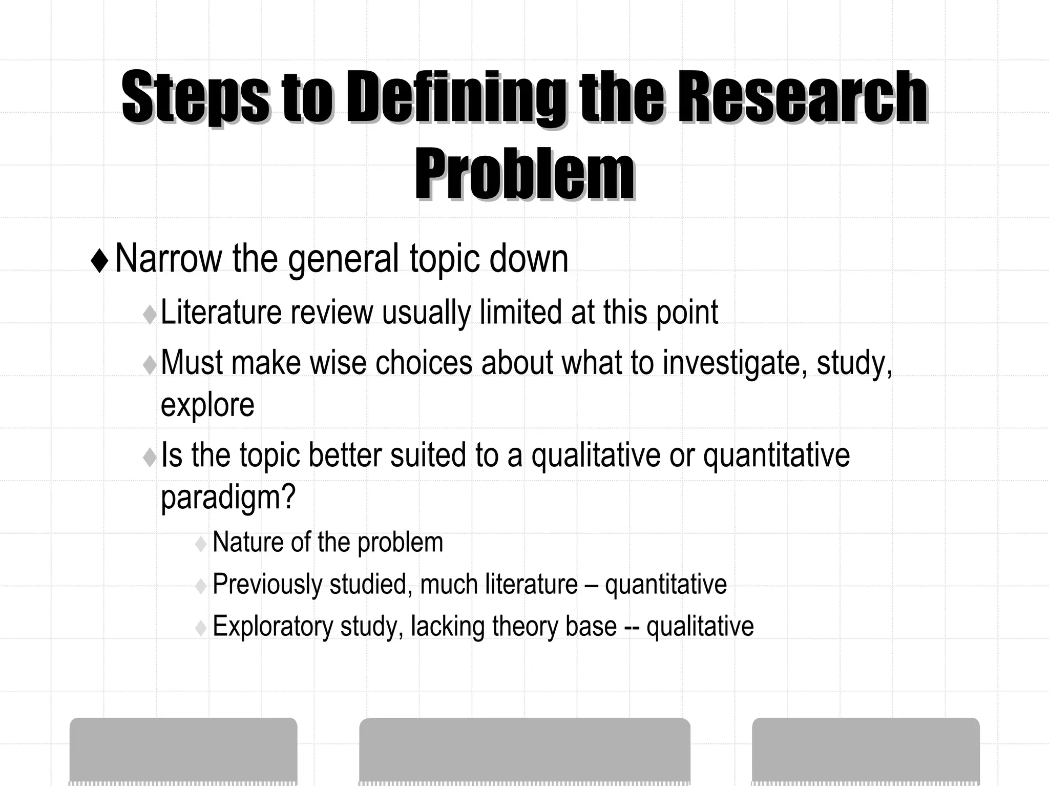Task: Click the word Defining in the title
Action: (x=456, y=97)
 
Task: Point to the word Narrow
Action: (x=169, y=259)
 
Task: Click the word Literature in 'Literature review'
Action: (x=221, y=312)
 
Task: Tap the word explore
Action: (x=207, y=405)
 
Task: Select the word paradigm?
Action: (x=228, y=497)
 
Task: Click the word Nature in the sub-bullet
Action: (x=247, y=542)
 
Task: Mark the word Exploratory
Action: (x=272, y=626)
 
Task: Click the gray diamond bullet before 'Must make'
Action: (x=150, y=365)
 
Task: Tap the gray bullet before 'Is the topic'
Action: (x=150, y=457)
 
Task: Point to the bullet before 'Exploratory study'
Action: (x=201, y=628)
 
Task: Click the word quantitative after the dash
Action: (x=665, y=585)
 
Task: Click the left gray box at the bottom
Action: (x=183, y=751)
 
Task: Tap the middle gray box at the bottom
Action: (x=524, y=751)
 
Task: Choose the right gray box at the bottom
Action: (x=866, y=751)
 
